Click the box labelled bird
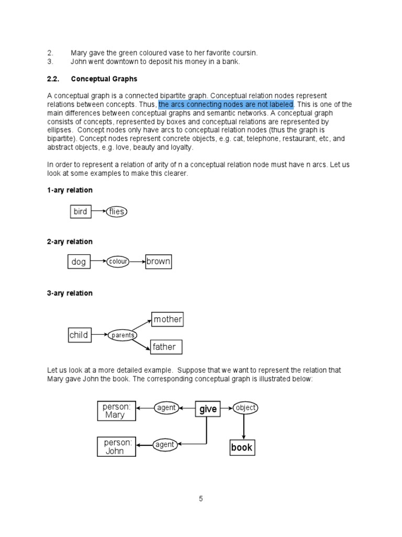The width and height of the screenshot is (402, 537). coord(80,212)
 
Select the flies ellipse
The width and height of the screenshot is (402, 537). coord(116,212)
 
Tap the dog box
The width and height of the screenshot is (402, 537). coord(79,262)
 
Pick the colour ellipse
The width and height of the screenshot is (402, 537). coord(119,262)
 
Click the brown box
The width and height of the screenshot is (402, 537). coord(159,261)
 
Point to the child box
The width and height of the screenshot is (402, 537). coord(79,335)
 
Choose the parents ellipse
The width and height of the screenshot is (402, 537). coord(122,335)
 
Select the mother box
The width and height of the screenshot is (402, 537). coord(167,319)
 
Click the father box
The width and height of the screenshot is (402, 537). coord(164,347)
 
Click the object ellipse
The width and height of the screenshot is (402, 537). coord(245,407)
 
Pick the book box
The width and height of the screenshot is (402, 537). coord(242,447)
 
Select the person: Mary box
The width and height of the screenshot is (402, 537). coord(116,411)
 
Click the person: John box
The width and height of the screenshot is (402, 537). coord(116,446)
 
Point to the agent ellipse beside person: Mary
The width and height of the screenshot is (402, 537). coord(166,408)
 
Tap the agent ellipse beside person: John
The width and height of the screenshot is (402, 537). coord(164,445)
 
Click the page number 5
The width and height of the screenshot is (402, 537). coord(200,499)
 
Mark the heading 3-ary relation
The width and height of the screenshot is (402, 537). coord(70,293)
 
